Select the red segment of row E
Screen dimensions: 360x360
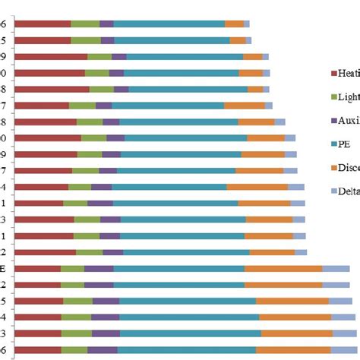point(37,269)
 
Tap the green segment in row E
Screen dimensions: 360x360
point(72,269)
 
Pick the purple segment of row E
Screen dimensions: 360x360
point(99,269)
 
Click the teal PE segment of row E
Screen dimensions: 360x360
point(179,269)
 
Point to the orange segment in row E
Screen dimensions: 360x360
point(283,269)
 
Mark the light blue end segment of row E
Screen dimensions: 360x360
point(336,269)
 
